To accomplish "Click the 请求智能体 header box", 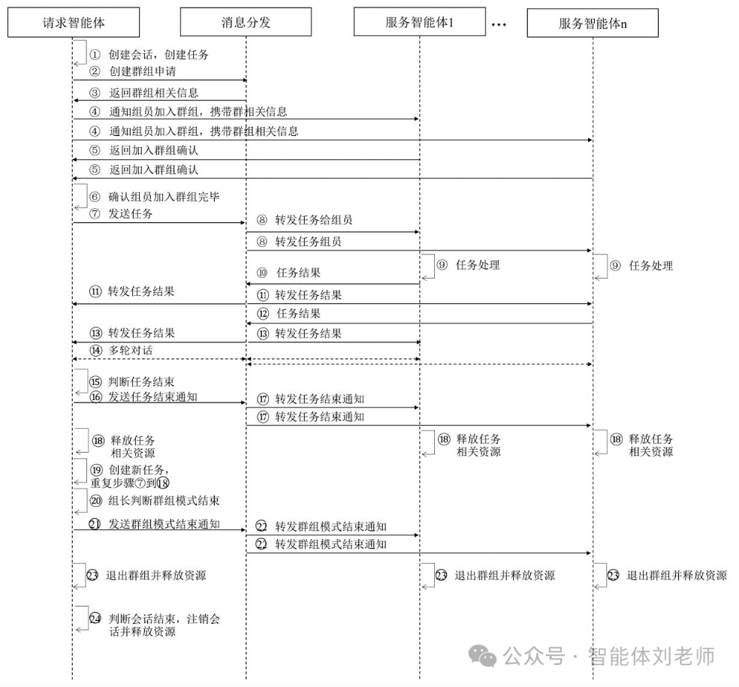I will pos(74,23).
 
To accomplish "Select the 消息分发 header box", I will pos(246,23).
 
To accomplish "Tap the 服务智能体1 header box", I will pos(419,23).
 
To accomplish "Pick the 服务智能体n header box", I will pos(593,23).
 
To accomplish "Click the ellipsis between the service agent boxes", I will pos(499,24).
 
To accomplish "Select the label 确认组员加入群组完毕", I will pos(163,197).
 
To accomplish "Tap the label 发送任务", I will pos(130,213).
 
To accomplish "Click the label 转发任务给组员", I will pos(313,220).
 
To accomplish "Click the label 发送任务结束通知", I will pos(153,396).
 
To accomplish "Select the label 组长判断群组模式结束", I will pos(164,500).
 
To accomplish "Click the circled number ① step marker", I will pos(95,55).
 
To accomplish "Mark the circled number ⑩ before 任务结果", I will pos(261,273).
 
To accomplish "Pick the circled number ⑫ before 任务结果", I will pos(262,314).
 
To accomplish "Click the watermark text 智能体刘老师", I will pos(651,655).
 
